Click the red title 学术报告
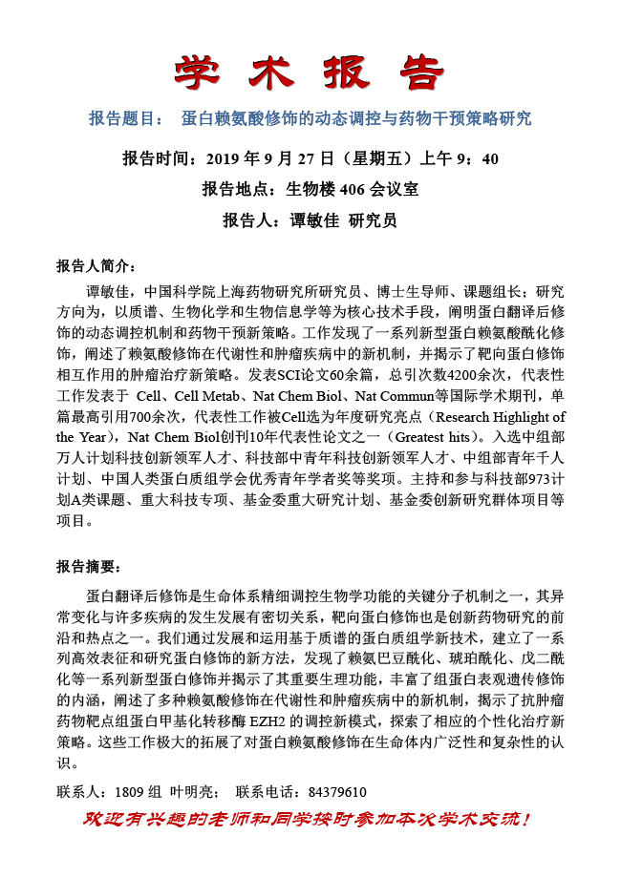point(310,72)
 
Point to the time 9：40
point(477,157)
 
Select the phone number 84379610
point(330,792)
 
